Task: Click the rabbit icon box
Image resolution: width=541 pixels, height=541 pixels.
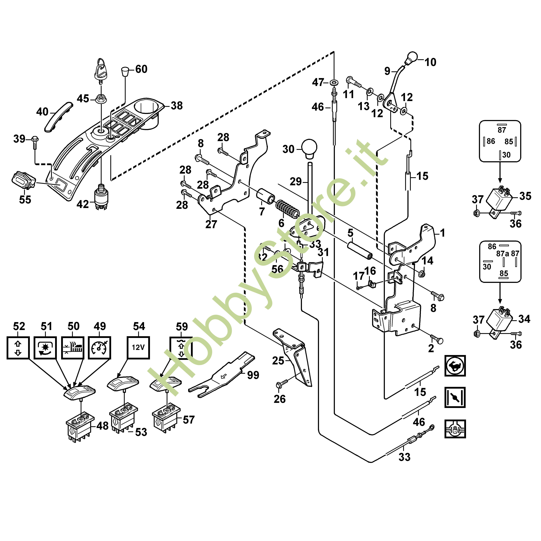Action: click(455, 366)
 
